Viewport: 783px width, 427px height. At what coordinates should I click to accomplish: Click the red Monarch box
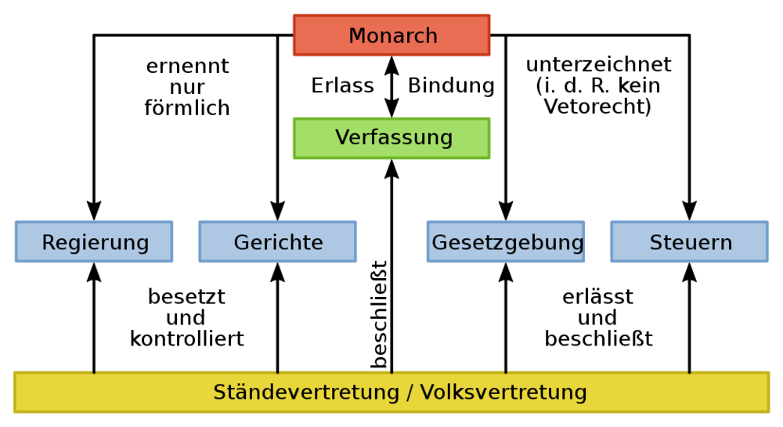coord(391,35)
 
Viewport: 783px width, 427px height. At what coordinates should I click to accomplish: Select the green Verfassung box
coord(391,139)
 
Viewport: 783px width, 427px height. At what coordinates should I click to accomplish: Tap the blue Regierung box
coord(94,242)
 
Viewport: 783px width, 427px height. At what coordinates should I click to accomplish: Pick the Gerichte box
coord(278,242)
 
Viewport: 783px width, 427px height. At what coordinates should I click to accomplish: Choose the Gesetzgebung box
coord(506,242)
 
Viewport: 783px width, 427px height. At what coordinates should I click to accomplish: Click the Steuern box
coord(690,242)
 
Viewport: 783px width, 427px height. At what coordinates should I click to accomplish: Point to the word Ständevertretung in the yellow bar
coord(306,392)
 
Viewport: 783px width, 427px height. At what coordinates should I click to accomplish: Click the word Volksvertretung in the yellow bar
coord(503,392)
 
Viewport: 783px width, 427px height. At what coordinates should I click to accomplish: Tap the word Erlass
coord(343,85)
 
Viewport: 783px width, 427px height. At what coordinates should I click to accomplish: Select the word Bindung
coord(452,85)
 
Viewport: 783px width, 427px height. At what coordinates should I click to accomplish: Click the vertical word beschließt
coord(379,315)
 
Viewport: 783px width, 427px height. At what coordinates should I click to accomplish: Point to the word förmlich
coord(187,108)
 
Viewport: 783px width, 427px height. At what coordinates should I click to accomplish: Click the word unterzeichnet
coord(599,64)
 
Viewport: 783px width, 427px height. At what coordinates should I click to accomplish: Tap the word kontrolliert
coord(187,338)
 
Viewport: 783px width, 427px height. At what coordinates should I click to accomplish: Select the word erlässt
coord(597,297)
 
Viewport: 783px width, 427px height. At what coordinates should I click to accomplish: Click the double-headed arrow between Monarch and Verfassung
coord(391,87)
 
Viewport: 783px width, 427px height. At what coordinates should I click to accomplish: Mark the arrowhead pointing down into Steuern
coord(690,212)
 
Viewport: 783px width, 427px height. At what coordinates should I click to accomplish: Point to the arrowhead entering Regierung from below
coord(94,272)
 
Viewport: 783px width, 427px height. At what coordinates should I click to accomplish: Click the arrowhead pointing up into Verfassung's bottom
coord(391,168)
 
